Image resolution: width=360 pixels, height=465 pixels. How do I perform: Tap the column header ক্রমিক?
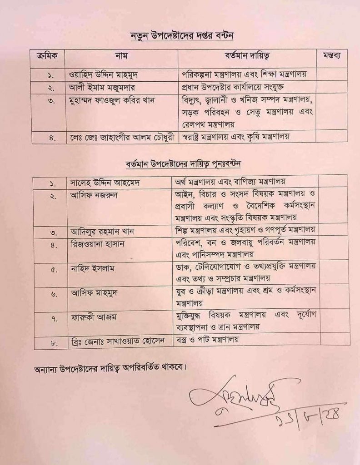click(47, 57)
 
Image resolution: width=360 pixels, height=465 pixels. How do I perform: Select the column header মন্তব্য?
click(331, 57)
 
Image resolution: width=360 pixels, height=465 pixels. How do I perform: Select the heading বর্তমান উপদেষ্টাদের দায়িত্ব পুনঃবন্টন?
click(184, 163)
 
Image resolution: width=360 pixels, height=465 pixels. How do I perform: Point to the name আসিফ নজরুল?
click(91, 196)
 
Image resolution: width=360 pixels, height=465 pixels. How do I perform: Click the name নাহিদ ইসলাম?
click(92, 268)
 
